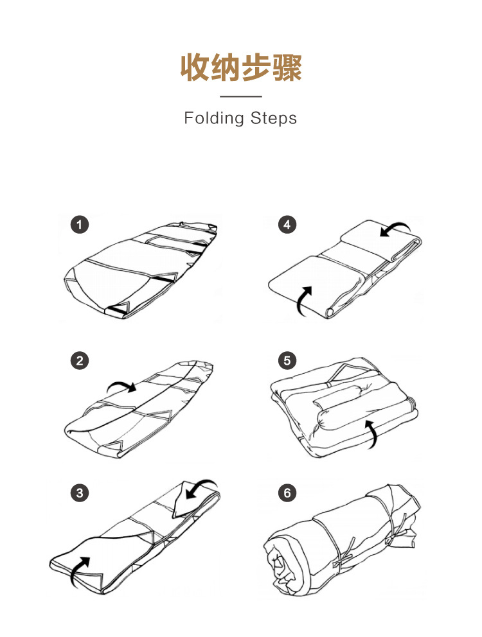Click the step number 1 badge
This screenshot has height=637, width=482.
point(80,225)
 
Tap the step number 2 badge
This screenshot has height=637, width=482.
point(80,361)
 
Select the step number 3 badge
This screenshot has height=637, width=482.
point(80,493)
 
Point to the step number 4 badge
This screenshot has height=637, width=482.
point(287,225)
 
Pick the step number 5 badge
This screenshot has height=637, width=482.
point(287,361)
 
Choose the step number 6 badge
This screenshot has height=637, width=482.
point(287,493)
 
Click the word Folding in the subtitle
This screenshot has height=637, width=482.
point(213,119)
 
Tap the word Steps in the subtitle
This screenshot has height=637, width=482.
point(274,119)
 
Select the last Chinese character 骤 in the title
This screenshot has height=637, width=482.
point(287,67)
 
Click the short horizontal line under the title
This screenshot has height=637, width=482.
point(241,97)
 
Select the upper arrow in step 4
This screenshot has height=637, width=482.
point(393,228)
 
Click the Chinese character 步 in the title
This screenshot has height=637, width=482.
point(256,67)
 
